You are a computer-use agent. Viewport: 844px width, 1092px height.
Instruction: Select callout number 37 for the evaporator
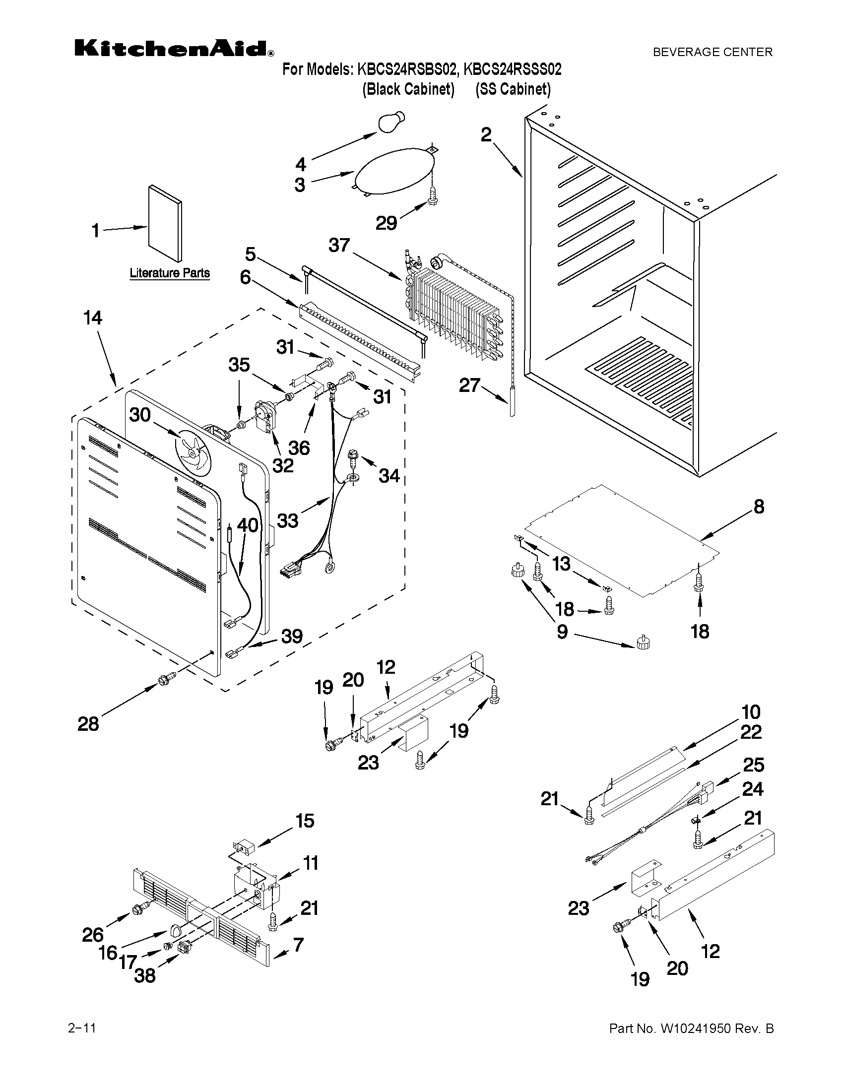(339, 245)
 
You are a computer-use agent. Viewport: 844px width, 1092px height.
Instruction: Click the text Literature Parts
(170, 273)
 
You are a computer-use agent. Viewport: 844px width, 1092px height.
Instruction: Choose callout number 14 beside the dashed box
(93, 318)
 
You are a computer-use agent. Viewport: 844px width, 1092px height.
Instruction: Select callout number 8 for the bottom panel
(759, 507)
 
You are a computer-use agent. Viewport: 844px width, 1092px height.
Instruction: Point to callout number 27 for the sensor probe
(469, 385)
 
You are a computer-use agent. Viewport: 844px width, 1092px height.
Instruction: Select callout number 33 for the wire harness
(287, 521)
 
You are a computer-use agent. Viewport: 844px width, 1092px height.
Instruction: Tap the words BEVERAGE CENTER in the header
(713, 52)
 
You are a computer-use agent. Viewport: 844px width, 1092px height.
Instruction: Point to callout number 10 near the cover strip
(751, 711)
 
